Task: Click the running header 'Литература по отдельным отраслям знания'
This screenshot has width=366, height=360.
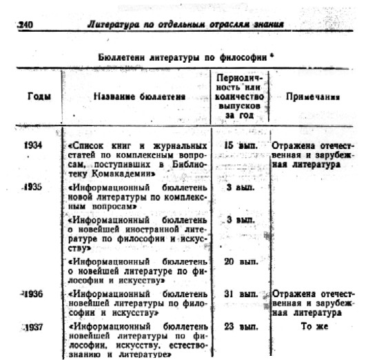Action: [186, 26]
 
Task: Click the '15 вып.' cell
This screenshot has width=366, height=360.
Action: [241, 146]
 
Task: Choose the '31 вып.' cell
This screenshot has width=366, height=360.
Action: [241, 294]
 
